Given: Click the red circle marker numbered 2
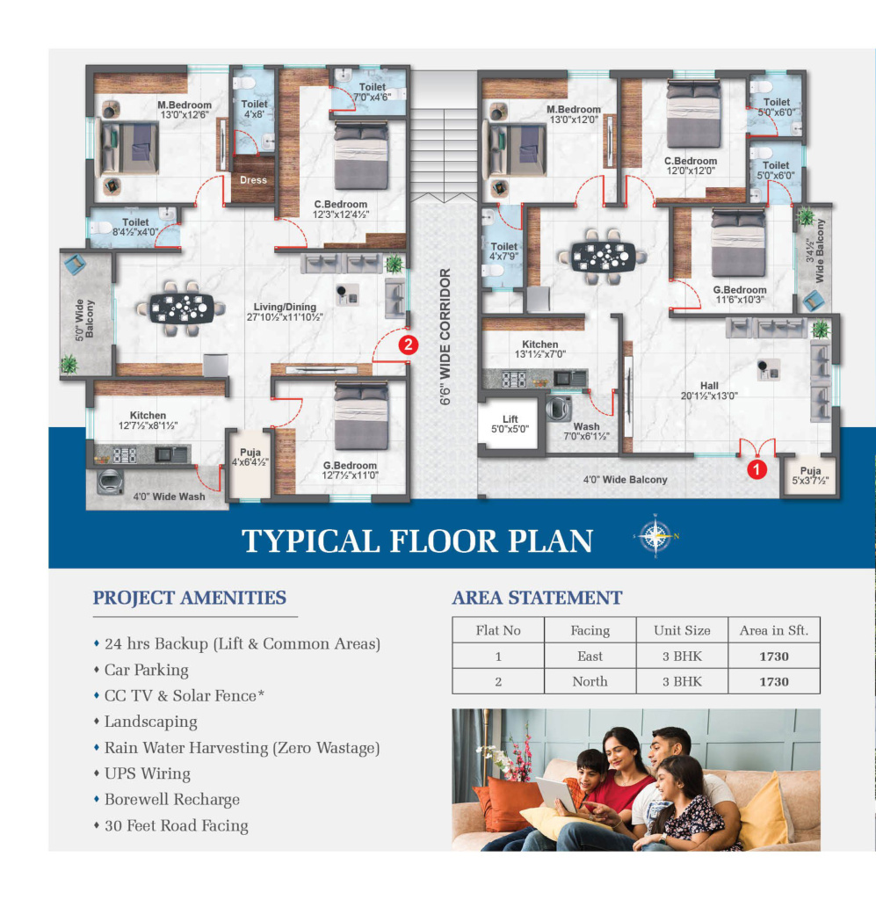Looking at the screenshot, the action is point(408,345).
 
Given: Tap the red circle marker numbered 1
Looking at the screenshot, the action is point(757,469).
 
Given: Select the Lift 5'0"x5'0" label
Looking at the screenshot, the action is point(510,424).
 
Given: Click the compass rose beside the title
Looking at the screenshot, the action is point(655,536).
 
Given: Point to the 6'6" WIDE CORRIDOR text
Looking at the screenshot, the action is point(445,337).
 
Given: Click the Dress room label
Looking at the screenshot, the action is point(253,179).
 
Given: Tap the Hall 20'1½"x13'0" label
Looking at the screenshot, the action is point(709,390).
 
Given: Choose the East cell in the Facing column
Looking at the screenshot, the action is point(590,656).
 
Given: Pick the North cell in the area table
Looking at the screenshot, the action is point(590,681).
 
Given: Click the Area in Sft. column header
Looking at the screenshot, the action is point(774,630).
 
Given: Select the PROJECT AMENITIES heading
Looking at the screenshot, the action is point(189,598).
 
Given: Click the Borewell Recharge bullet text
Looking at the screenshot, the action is point(172,799).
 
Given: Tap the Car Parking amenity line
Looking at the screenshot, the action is point(146,670).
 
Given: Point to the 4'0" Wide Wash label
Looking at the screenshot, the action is point(169,497).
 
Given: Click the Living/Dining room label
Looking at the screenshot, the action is point(285,312).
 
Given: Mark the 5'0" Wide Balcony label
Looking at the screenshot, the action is point(84,319).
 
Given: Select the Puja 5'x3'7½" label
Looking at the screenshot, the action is point(810,475).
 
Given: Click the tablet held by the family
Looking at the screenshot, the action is point(555,795).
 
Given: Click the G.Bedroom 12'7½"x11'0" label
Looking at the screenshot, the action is point(350,470).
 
